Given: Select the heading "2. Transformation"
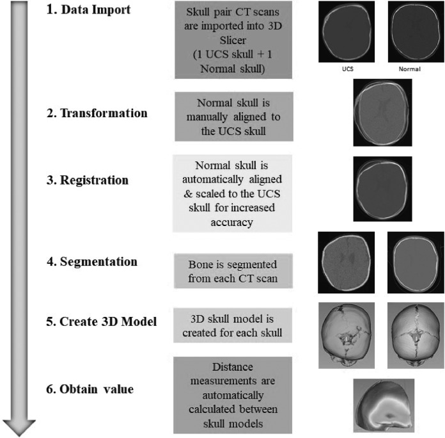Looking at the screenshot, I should pyautogui.click(x=102, y=113).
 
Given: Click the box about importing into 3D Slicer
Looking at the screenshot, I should pyautogui.click(x=233, y=40).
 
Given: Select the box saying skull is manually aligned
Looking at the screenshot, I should pyautogui.click(x=233, y=117).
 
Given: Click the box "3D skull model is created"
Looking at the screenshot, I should pyautogui.click(x=233, y=325).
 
